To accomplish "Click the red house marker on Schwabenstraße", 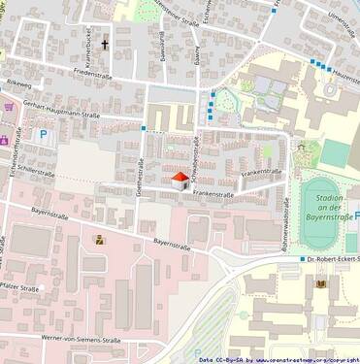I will [180, 181].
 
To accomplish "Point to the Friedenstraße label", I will [94, 73].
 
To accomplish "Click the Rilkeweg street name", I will [17, 83].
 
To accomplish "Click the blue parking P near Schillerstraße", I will [42, 135].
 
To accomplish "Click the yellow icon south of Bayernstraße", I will [99, 239].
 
